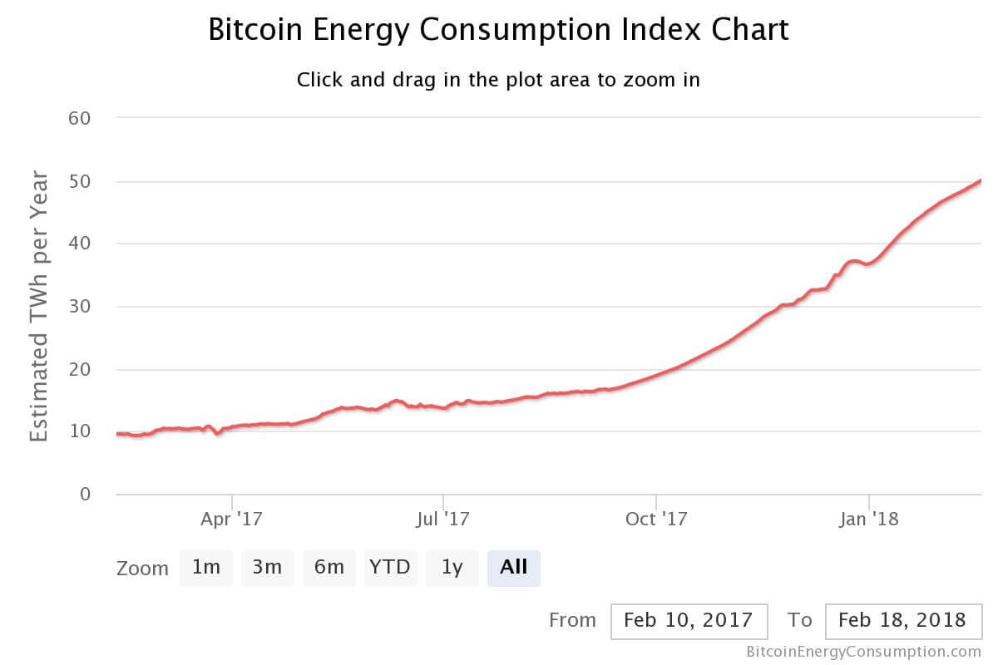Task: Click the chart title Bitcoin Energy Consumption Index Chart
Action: (498, 30)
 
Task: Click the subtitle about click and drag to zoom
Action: (498, 80)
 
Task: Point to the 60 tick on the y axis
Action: (80, 118)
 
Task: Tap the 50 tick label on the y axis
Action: (80, 181)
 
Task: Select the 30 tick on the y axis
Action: (80, 307)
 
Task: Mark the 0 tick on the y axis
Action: (85, 495)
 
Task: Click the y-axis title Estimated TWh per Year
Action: (39, 306)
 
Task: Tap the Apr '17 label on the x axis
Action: (232, 520)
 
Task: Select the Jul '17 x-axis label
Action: (443, 520)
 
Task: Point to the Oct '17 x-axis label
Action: (656, 520)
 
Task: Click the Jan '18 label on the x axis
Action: (869, 520)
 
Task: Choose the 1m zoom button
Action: (205, 568)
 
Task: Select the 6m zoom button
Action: (329, 568)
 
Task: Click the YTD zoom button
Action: (390, 568)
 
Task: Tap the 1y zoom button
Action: (452, 568)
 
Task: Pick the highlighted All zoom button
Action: (513, 568)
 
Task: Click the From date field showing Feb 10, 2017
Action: (688, 620)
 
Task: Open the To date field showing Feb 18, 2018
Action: (902, 620)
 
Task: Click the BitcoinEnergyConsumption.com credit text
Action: (864, 652)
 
